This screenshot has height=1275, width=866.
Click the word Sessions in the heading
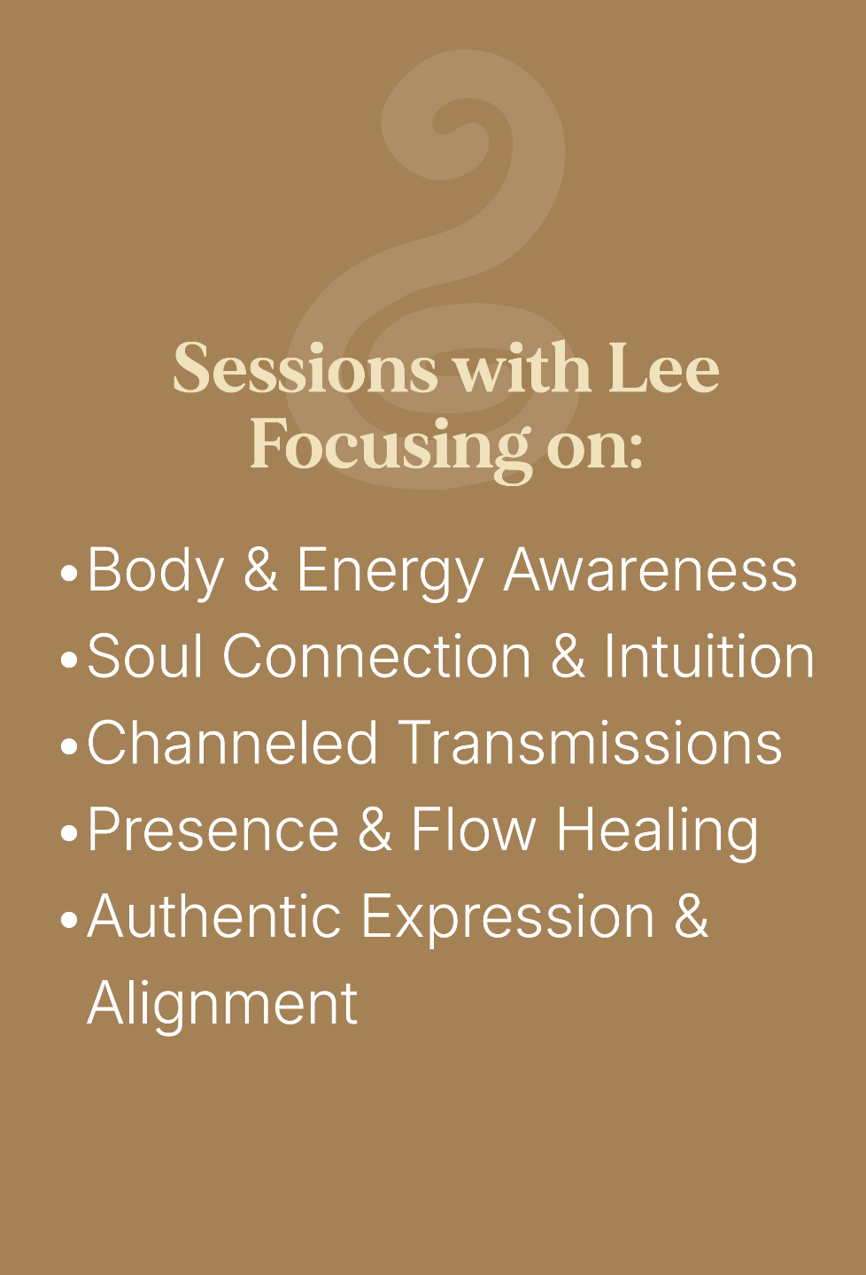[305, 367]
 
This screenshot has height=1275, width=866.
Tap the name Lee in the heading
[664, 367]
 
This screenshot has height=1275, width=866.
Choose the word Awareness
[650, 570]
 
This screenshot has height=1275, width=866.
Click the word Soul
[144, 656]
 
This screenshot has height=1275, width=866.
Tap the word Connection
[376, 656]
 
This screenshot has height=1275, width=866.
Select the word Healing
[658, 832]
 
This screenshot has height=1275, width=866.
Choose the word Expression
[508, 918]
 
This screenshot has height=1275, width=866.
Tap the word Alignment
[222, 1005]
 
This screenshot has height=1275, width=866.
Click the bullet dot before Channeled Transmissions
[69, 746]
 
